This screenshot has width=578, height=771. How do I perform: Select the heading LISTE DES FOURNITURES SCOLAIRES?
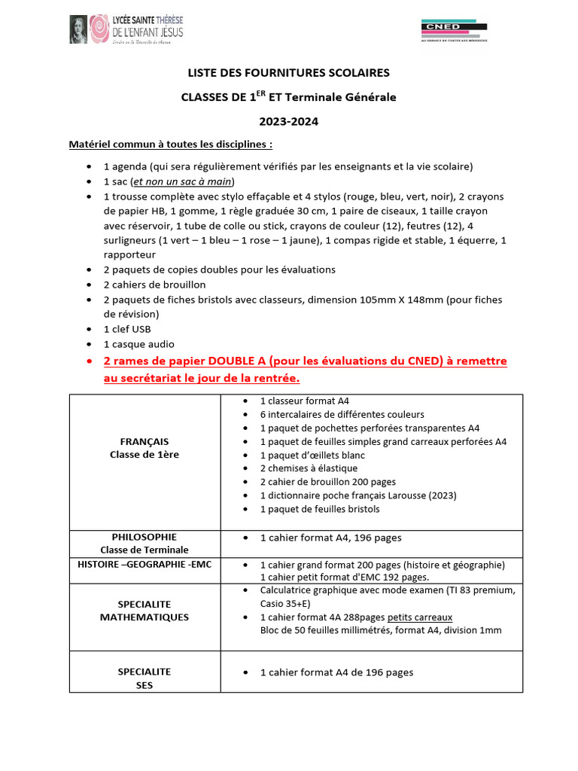(288, 73)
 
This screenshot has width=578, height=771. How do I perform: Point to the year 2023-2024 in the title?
(288, 121)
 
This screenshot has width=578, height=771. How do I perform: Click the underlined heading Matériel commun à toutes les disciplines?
(171, 143)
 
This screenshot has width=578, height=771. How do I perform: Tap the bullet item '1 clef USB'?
(127, 329)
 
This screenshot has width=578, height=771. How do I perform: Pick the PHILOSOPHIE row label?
(144, 538)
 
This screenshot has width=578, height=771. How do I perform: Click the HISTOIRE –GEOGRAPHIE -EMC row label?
(144, 564)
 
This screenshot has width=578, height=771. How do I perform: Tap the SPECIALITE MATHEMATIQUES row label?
(144, 611)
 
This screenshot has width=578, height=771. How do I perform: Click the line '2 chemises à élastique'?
(309, 468)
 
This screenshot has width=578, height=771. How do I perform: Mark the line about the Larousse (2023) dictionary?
(358, 495)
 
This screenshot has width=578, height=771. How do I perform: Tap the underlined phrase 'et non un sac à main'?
(183, 181)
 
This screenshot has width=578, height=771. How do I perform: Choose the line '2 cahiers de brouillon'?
(154, 285)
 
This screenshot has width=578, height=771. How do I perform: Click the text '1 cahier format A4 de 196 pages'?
(336, 672)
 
